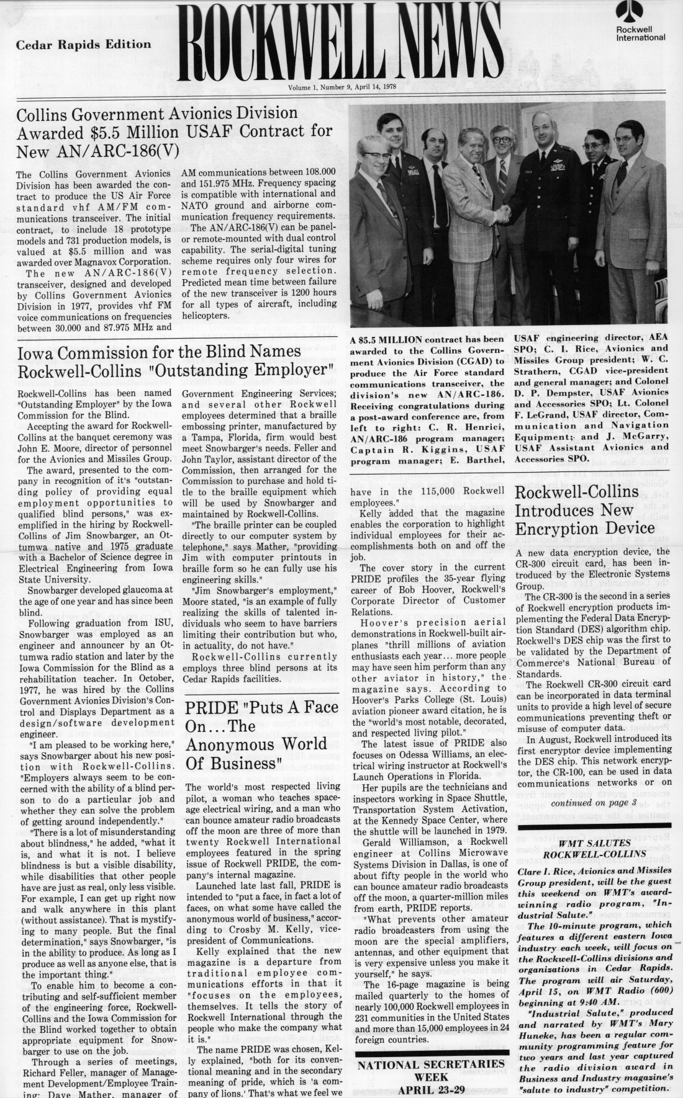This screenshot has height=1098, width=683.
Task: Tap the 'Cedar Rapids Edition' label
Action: tap(83, 45)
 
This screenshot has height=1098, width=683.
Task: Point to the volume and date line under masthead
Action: tap(343, 88)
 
